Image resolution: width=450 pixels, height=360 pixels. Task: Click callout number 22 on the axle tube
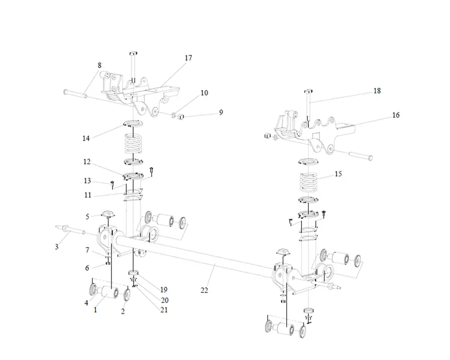pyautogui.click(x=204, y=291)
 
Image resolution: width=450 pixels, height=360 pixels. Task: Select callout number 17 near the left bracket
pyautogui.click(x=188, y=58)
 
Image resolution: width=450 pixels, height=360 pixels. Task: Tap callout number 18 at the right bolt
pyautogui.click(x=377, y=91)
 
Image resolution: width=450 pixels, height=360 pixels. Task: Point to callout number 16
pyautogui.click(x=396, y=115)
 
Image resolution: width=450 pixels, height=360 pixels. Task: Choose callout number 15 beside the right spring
pyautogui.click(x=338, y=174)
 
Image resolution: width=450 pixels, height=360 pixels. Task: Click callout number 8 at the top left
pyautogui.click(x=99, y=65)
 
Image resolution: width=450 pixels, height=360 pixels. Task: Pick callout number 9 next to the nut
pyautogui.click(x=221, y=112)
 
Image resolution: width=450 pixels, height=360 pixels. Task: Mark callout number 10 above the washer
pyautogui.click(x=204, y=93)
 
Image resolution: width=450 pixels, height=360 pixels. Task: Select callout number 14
pyautogui.click(x=86, y=138)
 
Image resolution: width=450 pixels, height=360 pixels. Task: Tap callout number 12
pyautogui.click(x=87, y=162)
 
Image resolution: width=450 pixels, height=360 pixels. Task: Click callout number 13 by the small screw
pyautogui.click(x=87, y=181)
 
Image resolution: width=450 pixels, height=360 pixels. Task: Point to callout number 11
pyautogui.click(x=88, y=195)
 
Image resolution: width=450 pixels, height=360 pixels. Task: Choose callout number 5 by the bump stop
pyautogui.click(x=88, y=216)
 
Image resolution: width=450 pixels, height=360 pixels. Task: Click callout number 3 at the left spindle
pyautogui.click(x=57, y=246)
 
